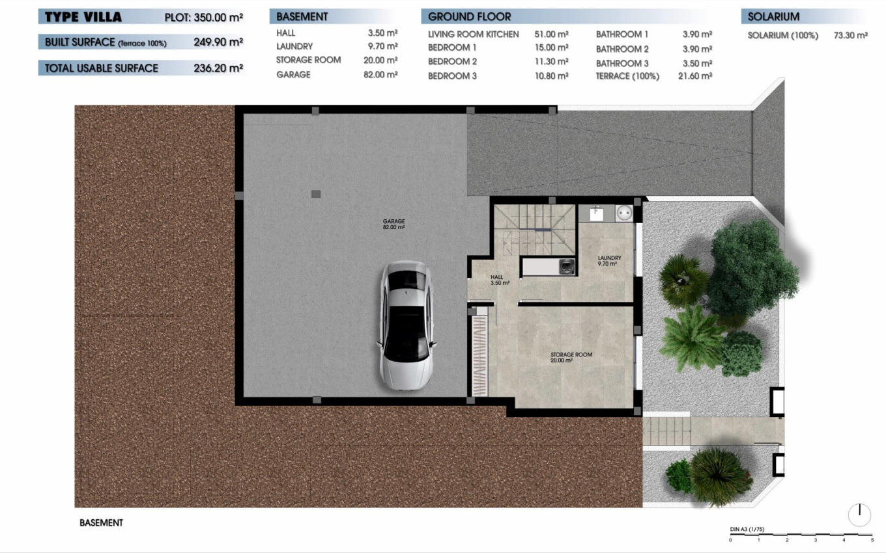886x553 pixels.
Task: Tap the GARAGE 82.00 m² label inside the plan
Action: (x=393, y=224)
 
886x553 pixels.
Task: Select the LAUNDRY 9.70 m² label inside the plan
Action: (x=609, y=261)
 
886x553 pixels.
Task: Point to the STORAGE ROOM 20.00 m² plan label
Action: (x=571, y=357)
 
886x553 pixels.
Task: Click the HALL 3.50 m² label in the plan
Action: (x=500, y=280)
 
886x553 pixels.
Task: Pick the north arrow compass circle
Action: (x=859, y=515)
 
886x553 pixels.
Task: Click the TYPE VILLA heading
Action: (x=83, y=17)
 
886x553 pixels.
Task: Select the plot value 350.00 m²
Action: (x=218, y=18)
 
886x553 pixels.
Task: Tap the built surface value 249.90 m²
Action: (x=218, y=42)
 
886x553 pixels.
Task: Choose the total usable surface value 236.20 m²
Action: (x=218, y=68)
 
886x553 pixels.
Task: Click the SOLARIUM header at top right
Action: (x=774, y=17)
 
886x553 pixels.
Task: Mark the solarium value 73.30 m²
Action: (x=850, y=35)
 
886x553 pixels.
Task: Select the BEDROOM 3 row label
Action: (x=452, y=76)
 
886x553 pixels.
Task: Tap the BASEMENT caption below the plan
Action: (x=101, y=522)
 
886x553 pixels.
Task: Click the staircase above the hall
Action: (x=534, y=231)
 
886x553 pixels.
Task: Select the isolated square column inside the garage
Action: (x=316, y=193)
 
